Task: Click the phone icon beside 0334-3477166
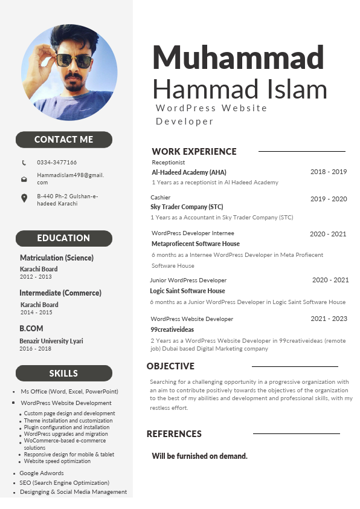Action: click(24, 163)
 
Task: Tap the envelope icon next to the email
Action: click(24, 179)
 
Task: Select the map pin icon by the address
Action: click(24, 198)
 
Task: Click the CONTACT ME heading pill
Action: click(63, 140)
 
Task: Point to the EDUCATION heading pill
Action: click(63, 238)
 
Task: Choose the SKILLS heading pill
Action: click(63, 373)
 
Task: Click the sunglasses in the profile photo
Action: click(74, 60)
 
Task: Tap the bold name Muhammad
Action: click(238, 57)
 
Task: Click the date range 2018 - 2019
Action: click(329, 172)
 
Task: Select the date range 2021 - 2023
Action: click(329, 319)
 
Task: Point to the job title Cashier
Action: click(161, 198)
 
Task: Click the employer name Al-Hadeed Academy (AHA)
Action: click(189, 172)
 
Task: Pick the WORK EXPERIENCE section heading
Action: click(194, 152)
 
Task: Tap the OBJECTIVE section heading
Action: click(170, 366)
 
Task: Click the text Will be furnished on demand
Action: click(199, 456)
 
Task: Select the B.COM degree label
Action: click(31, 328)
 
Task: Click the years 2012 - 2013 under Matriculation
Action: click(36, 276)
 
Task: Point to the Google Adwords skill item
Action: click(41, 473)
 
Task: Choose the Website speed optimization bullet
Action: click(57, 461)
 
